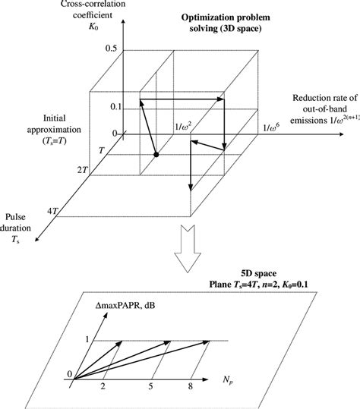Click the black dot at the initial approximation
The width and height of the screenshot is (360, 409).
(x=156, y=155)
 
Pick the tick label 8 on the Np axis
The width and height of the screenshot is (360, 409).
(x=191, y=385)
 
